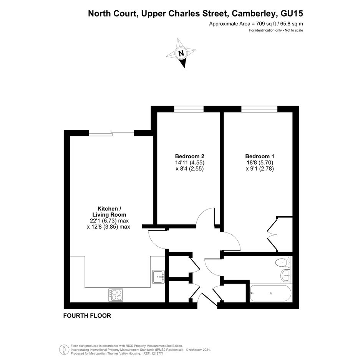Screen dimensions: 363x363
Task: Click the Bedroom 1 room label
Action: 260,156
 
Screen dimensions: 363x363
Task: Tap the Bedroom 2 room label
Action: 190,156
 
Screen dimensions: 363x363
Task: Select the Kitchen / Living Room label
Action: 109,212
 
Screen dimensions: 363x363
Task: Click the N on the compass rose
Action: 181,53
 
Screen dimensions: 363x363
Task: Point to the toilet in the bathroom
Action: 283,262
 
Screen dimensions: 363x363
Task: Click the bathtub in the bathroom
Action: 270,293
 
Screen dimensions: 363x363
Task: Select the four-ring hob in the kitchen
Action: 116,295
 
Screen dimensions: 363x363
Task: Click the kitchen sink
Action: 159,277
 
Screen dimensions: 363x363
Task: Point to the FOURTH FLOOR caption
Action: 87,315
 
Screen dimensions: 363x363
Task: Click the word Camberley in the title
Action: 254,14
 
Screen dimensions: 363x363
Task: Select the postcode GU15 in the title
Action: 292,13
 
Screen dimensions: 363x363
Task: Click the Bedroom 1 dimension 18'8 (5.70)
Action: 260,162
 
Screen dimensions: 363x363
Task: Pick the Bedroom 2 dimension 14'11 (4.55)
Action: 190,162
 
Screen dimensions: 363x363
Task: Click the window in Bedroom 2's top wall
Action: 189,109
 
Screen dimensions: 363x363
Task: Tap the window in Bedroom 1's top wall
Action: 259,109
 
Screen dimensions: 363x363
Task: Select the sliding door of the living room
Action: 111,133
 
